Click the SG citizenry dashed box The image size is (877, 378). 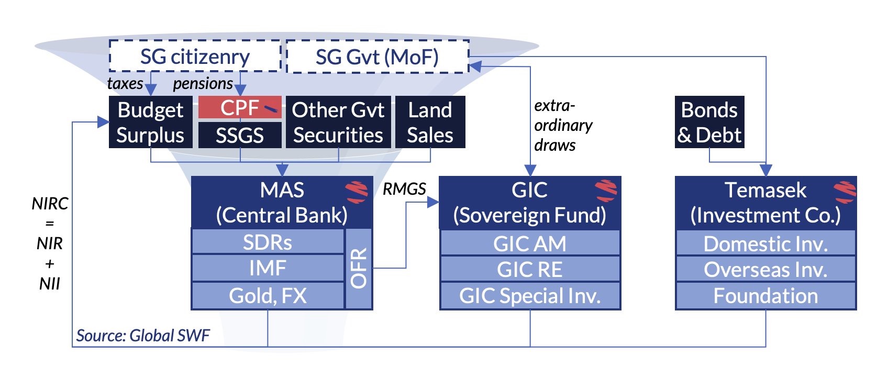point(195,56)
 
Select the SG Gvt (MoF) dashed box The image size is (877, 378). point(377,57)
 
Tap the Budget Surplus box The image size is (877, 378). point(150,122)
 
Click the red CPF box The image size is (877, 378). point(240,107)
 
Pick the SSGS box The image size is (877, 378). point(240,136)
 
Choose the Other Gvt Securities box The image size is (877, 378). point(338,122)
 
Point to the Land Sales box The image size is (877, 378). point(430,122)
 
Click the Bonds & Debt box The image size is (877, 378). point(709,122)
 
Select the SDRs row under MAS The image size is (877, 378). point(268,242)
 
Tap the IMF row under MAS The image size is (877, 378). point(268,269)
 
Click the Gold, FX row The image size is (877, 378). point(268,296)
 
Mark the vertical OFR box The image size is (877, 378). point(359,269)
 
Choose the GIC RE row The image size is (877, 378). point(530,270)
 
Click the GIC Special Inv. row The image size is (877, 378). point(530,296)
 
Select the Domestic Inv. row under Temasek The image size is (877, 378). point(765,244)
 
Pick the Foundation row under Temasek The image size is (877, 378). point(765,296)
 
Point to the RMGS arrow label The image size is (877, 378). point(404,189)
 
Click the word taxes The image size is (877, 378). point(125,83)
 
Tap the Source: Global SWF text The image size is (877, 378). point(143,335)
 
